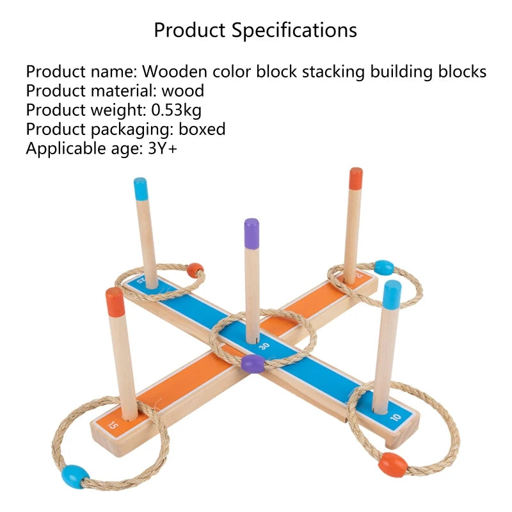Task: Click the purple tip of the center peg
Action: [x=252, y=233]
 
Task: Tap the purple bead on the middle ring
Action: [x=253, y=364]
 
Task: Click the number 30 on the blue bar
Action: [x=264, y=346]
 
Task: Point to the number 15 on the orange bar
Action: [x=113, y=426]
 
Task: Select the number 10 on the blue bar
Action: [x=395, y=417]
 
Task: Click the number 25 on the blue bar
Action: [x=140, y=280]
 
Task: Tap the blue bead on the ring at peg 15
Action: [x=75, y=477]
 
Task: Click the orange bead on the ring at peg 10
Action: [x=393, y=465]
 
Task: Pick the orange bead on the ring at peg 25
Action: [x=195, y=270]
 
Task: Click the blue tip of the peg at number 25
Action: [x=141, y=189]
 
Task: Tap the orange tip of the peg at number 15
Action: [x=115, y=302]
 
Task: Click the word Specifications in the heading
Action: [x=294, y=30]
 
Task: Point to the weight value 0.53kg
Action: [x=177, y=109]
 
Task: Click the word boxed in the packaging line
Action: [x=202, y=129]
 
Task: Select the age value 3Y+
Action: [x=163, y=148]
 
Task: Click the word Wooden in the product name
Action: [x=175, y=71]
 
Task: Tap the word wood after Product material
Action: [x=183, y=90]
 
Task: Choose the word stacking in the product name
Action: [x=333, y=72]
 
